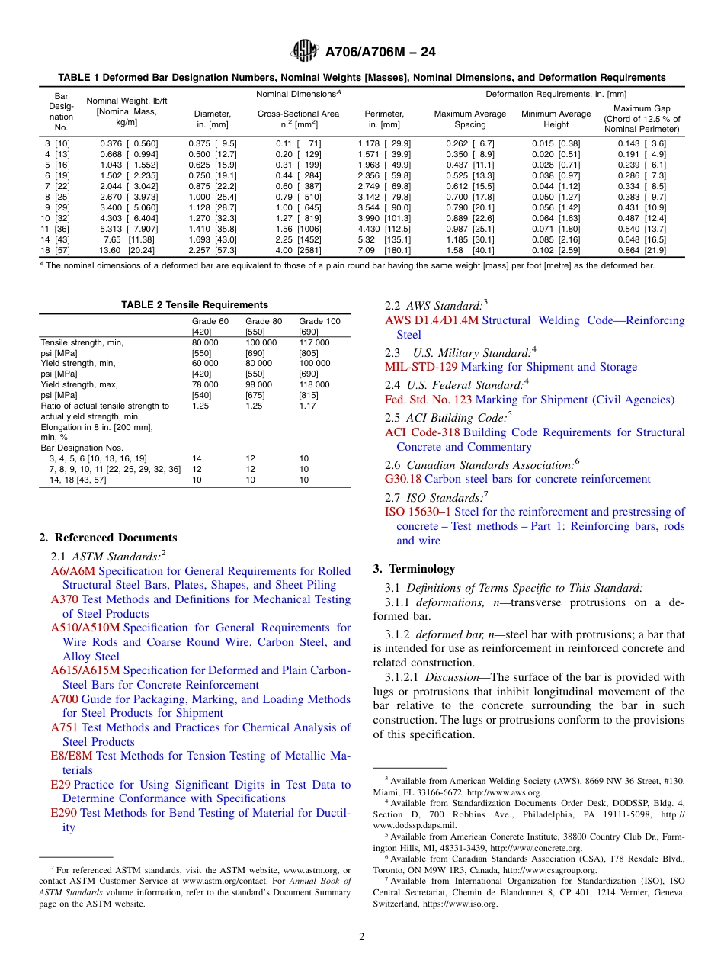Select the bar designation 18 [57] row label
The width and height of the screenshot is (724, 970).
56,250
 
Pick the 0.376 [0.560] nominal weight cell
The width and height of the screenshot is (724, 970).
129,143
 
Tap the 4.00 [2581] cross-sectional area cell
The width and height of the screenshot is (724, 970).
298,250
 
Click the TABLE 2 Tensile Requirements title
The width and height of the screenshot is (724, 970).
195,305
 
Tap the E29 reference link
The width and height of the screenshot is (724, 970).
60,785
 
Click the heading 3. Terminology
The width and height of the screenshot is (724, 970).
414,569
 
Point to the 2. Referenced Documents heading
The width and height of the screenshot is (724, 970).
108,538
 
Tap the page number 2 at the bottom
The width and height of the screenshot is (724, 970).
362,936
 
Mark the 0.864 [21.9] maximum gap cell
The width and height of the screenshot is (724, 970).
645,250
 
